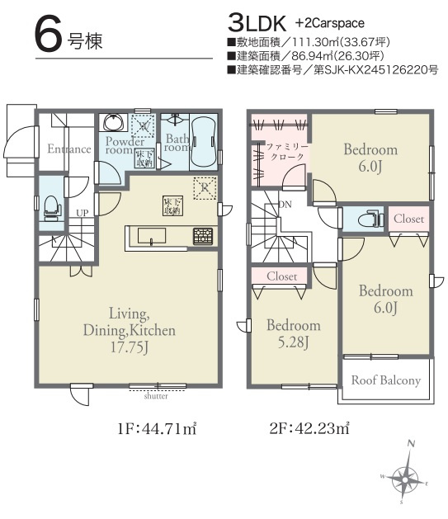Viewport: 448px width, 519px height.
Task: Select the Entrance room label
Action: pyautogui.click(x=69, y=149)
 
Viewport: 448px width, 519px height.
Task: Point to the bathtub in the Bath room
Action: pyautogui.click(x=203, y=142)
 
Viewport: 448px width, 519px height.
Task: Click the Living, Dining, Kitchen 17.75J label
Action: pyautogui.click(x=129, y=330)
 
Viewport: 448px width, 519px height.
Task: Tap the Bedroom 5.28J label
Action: pyautogui.click(x=293, y=333)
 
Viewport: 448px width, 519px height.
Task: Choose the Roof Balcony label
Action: pyautogui.click(x=386, y=380)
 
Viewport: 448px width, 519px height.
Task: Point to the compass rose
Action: pyautogui.click(x=406, y=476)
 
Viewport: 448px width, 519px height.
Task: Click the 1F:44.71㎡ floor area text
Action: pyautogui.click(x=155, y=428)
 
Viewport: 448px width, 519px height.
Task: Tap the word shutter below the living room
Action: pyautogui.click(x=157, y=395)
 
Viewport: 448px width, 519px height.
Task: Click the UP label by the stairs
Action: pyautogui.click(x=82, y=213)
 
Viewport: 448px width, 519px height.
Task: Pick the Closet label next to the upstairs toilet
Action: pyautogui.click(x=409, y=219)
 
